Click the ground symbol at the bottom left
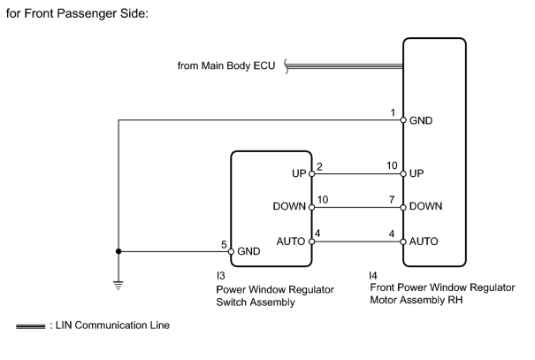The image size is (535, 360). pyautogui.click(x=118, y=285)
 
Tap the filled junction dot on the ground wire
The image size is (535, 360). pyautogui.click(x=118, y=251)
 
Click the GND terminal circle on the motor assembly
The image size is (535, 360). pyautogui.click(x=403, y=120)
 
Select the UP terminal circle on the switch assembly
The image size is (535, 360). pyautogui.click(x=311, y=173)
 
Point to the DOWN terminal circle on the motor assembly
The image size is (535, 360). pyautogui.click(x=403, y=207)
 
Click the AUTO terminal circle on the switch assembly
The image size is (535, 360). pyautogui.click(x=311, y=241)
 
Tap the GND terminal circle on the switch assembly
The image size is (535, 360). pyautogui.click(x=231, y=251)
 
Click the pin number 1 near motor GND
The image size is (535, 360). pyautogui.click(x=393, y=112)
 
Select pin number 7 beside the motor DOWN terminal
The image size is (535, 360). pyautogui.click(x=392, y=200)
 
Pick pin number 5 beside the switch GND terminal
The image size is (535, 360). pyautogui.click(x=224, y=244)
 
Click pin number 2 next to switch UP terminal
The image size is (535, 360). pyautogui.click(x=319, y=166)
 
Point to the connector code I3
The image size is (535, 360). pyautogui.click(x=220, y=275)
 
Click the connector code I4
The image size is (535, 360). pyautogui.click(x=373, y=275)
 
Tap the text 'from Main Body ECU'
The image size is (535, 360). pyautogui.click(x=226, y=65)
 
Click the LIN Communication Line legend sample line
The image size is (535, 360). pyautogui.click(x=30, y=326)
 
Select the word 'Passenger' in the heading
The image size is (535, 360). pyautogui.click(x=87, y=13)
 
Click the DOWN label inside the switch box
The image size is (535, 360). pyautogui.click(x=289, y=206)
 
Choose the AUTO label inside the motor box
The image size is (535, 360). pyautogui.click(x=424, y=241)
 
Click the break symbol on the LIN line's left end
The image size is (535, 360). pyautogui.click(x=287, y=65)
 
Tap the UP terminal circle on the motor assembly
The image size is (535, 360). pyautogui.click(x=403, y=173)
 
